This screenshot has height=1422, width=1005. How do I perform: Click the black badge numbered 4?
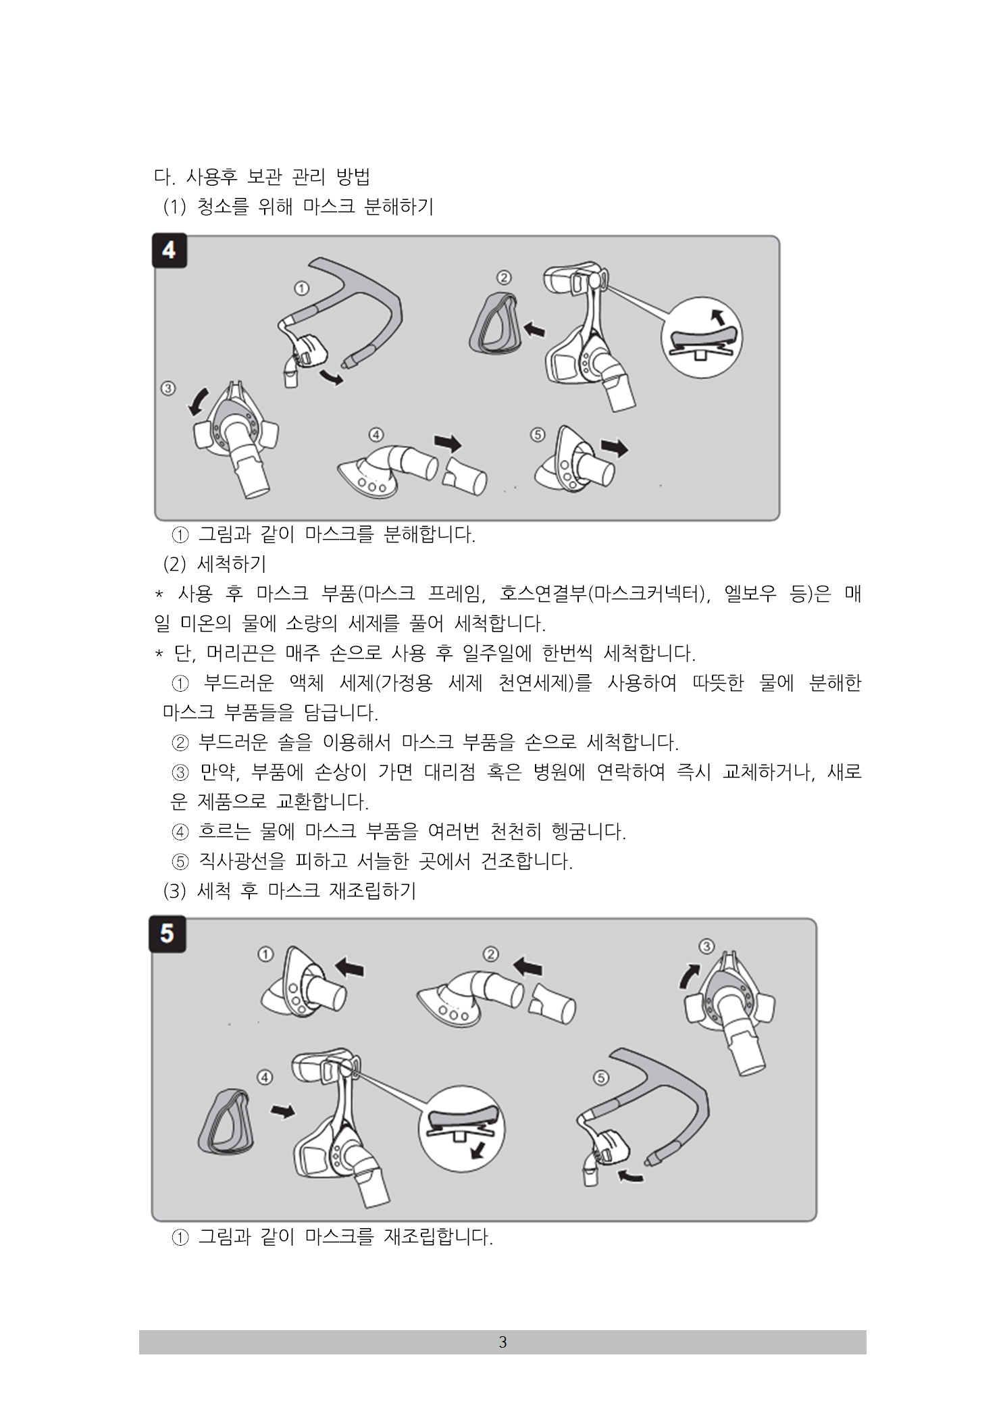point(169,250)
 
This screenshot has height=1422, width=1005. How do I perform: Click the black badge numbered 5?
point(167,934)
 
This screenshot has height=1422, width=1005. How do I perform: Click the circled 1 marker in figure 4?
point(302,288)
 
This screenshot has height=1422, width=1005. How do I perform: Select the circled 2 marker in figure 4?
point(504,278)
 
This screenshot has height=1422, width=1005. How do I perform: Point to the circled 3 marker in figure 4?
point(168,388)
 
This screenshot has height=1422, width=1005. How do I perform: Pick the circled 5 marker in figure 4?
point(538,434)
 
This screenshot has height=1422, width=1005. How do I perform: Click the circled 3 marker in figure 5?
point(706,946)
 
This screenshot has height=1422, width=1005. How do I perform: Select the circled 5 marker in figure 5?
point(601,1077)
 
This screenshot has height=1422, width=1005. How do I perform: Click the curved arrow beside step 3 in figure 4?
point(197,401)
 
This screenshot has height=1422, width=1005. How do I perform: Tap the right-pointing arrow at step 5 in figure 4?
point(615,447)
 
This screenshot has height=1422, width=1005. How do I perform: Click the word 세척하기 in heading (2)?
point(232,563)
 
